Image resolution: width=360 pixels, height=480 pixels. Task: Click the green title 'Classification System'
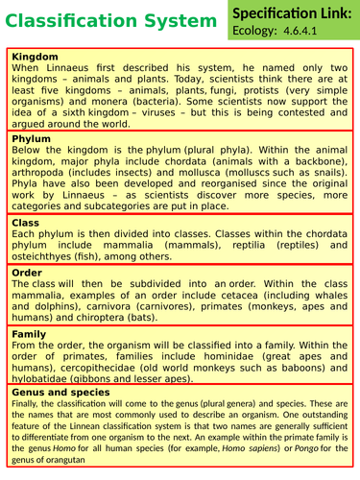109,21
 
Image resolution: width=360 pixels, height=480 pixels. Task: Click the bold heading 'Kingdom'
36,57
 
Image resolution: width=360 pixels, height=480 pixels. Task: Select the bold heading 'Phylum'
33,139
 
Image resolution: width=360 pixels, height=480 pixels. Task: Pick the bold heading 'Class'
26,223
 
